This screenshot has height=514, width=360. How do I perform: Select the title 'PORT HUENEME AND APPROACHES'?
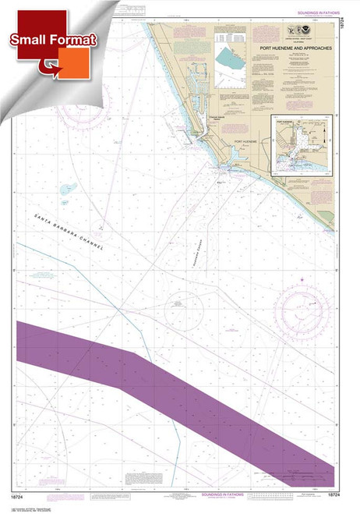pyautogui.click(x=295, y=46)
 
